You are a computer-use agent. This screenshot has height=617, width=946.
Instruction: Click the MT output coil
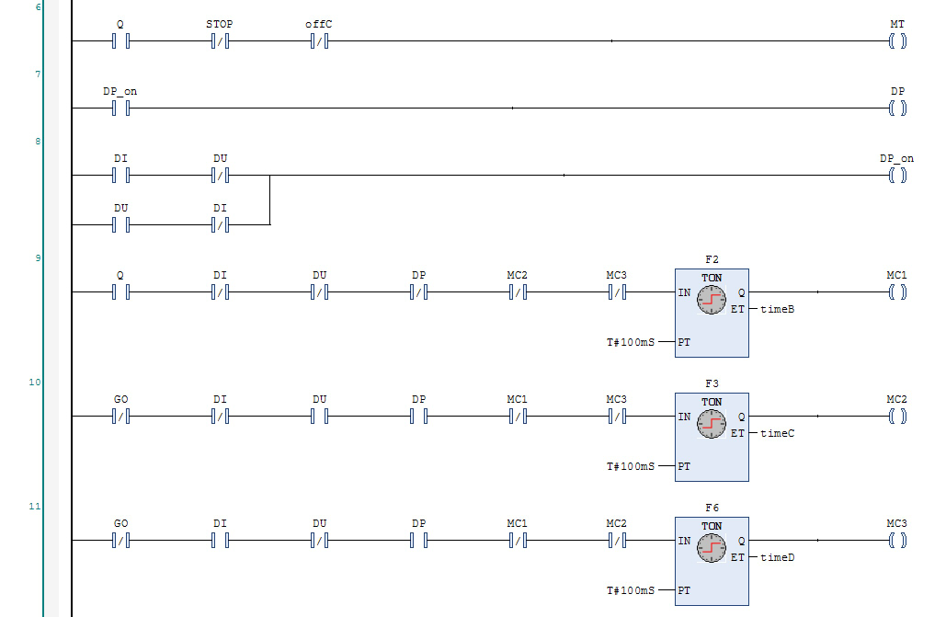[897, 40]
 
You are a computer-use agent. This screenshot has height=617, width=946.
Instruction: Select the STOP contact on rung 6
[220, 40]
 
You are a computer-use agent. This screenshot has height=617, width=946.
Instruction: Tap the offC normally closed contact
[319, 40]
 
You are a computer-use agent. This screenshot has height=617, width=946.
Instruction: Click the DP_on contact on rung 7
[120, 109]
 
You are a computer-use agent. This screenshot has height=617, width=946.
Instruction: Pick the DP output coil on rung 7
[897, 109]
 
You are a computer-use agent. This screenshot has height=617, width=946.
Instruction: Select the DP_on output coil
[897, 175]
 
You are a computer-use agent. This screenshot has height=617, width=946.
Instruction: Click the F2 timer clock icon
[712, 299]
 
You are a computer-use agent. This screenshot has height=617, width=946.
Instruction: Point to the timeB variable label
[777, 309]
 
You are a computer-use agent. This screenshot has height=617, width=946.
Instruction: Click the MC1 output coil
[897, 291]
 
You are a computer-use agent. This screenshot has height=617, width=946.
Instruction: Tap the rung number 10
[35, 382]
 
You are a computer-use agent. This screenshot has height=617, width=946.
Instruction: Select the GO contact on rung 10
[120, 417]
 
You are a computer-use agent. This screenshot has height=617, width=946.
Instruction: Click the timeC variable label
[777, 433]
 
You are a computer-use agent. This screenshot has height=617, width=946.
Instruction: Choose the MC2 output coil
[897, 417]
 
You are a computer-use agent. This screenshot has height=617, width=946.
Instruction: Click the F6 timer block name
[712, 508]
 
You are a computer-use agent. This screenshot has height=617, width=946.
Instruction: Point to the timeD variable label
[777, 558]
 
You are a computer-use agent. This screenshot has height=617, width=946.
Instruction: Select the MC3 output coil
[897, 541]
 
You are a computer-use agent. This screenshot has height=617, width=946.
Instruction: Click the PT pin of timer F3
[684, 466]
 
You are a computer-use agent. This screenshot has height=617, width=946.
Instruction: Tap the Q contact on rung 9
[120, 291]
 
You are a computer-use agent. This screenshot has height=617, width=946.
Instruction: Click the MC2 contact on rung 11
[616, 541]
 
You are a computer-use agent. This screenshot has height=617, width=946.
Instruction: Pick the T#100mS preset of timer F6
[631, 590]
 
